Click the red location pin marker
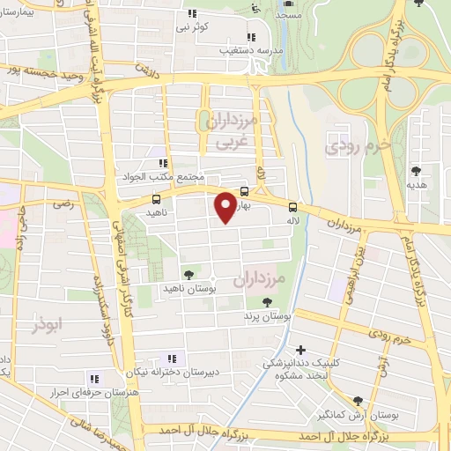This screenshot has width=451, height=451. coord(225,206)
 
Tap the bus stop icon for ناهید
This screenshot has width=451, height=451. coord(156,200)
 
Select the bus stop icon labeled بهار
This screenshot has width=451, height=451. coord(243,191)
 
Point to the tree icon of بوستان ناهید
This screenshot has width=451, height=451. coord(187,275)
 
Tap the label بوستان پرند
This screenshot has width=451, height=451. coord(269,314)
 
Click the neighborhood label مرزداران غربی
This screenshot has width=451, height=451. coord(236,129)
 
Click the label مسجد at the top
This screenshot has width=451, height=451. coord(288,15)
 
